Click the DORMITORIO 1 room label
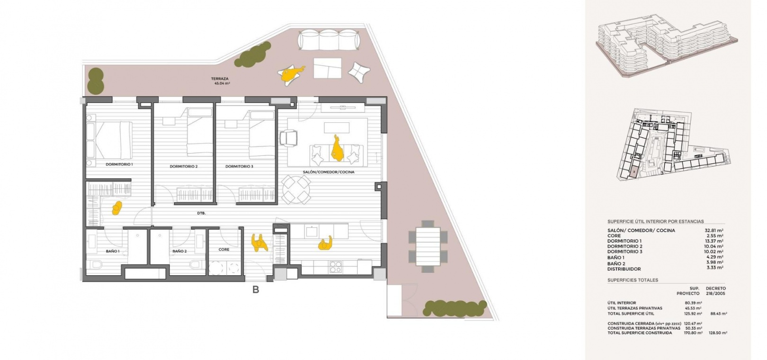119,164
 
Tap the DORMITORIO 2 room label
184,166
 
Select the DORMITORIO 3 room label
239,166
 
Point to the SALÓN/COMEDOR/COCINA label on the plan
329,172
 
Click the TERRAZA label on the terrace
220,79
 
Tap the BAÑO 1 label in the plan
113,251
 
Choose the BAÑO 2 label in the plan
179,251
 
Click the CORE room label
223,249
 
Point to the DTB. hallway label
201,213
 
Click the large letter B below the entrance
256,290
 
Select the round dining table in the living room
296,189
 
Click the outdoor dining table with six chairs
428,246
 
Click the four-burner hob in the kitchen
336,267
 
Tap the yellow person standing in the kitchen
325,243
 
